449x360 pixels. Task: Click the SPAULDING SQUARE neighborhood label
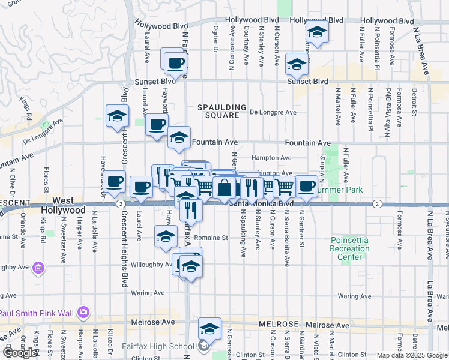(x=223, y=111)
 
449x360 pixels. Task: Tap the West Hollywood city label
(x=63, y=205)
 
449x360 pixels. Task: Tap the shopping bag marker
(x=224, y=187)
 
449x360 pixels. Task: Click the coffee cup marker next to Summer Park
(x=306, y=186)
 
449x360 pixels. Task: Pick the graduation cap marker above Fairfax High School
(x=209, y=329)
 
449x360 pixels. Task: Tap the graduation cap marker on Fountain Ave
(x=179, y=138)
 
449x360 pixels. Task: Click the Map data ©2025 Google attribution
(x=411, y=355)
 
